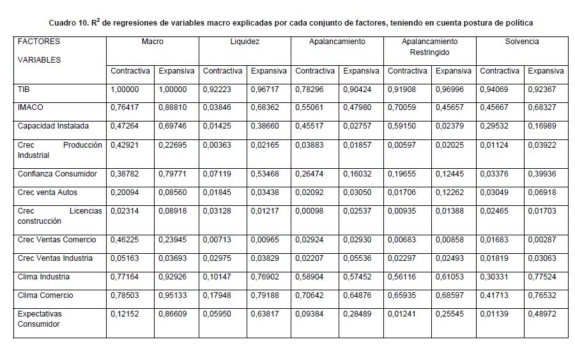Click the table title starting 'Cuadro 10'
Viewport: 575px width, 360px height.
291,22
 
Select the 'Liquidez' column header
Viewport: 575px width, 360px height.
245,42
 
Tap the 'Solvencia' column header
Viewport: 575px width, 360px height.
522,42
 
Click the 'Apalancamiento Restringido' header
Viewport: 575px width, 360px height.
429,47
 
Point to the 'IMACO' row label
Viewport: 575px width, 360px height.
31,108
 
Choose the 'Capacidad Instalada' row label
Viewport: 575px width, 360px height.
53,127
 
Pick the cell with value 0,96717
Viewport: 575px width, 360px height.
268,90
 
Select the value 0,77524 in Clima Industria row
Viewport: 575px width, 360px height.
546,277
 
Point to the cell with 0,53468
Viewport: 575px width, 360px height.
268,174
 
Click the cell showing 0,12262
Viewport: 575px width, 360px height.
453,192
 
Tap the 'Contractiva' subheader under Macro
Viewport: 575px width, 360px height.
130,71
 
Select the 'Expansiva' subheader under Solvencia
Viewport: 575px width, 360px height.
546,71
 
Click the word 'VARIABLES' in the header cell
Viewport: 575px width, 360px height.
40,60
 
